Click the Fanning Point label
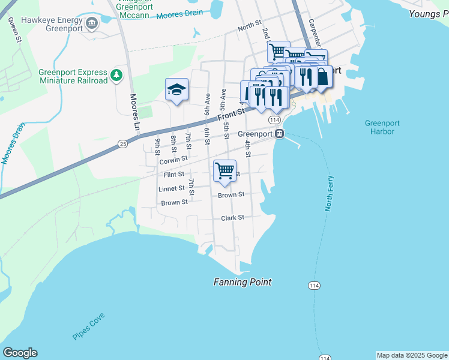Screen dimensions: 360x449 point(243,282)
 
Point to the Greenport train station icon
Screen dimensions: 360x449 point(280,134)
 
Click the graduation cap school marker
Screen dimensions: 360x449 point(177,90)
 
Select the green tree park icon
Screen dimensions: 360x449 point(116,76)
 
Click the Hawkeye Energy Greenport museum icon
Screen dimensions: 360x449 point(92,23)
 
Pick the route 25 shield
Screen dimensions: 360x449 point(123,144)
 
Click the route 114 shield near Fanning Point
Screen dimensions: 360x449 point(314,286)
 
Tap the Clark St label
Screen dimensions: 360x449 point(233,218)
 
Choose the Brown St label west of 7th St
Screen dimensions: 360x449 point(174,203)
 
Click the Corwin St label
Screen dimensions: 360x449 point(173,161)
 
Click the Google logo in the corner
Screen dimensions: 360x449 point(20,353)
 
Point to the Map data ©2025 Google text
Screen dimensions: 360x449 point(412,355)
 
